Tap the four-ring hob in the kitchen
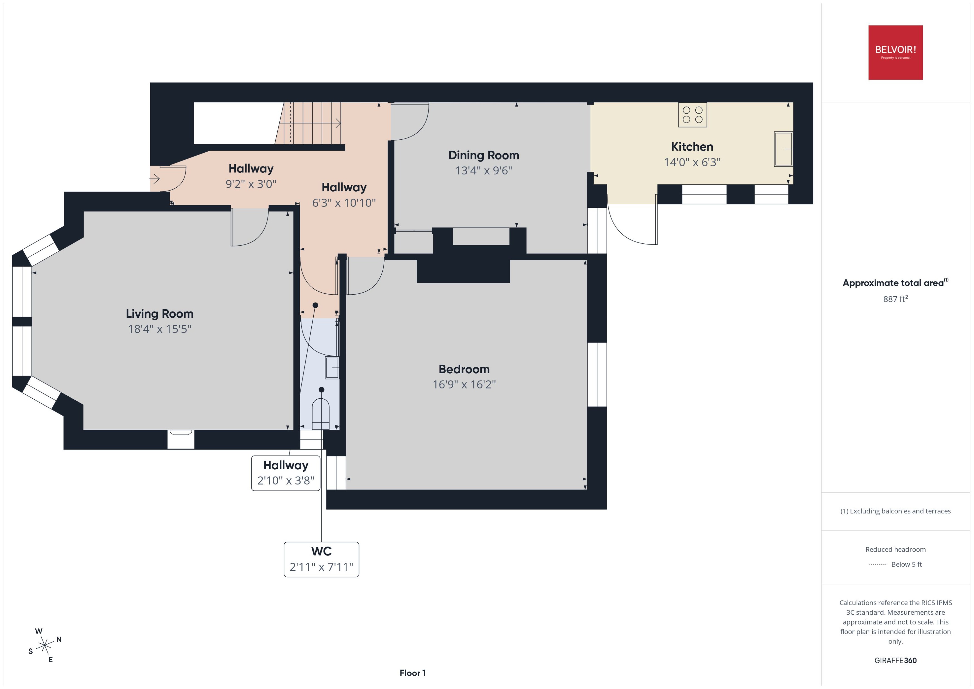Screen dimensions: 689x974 tap(692, 115)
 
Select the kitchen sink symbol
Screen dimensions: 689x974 tap(783, 149)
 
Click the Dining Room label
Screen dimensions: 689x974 tap(483, 155)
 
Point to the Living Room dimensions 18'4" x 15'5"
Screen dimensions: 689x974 tap(159, 329)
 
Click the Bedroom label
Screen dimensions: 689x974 tap(464, 369)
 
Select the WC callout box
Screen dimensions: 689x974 tap(321, 559)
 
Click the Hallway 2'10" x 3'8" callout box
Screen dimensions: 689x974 tap(286, 473)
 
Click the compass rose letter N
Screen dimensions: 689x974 tap(59, 639)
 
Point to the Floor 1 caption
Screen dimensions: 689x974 tap(412, 673)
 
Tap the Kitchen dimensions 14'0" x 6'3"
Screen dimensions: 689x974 tap(692, 162)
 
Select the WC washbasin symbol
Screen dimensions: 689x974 tap(332, 368)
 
